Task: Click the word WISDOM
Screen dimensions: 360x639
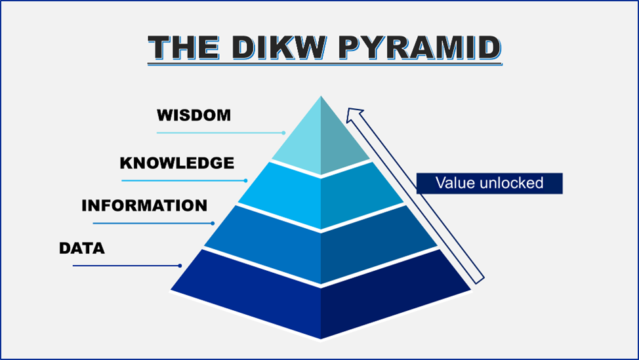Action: pyautogui.click(x=194, y=115)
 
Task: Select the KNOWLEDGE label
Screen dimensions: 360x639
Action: pyautogui.click(x=176, y=163)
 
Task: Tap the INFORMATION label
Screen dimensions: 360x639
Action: pyautogui.click(x=144, y=205)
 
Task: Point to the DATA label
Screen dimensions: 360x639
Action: pyautogui.click(x=81, y=249)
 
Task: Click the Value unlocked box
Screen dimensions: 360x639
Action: pyautogui.click(x=489, y=183)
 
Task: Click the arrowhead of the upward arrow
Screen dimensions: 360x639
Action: pyautogui.click(x=354, y=116)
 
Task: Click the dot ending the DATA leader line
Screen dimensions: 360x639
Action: pyautogui.click(x=180, y=266)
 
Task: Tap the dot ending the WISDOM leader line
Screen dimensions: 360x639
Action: pyautogui.click(x=283, y=132)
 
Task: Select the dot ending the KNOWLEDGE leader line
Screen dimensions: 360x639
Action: pyautogui.click(x=245, y=180)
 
